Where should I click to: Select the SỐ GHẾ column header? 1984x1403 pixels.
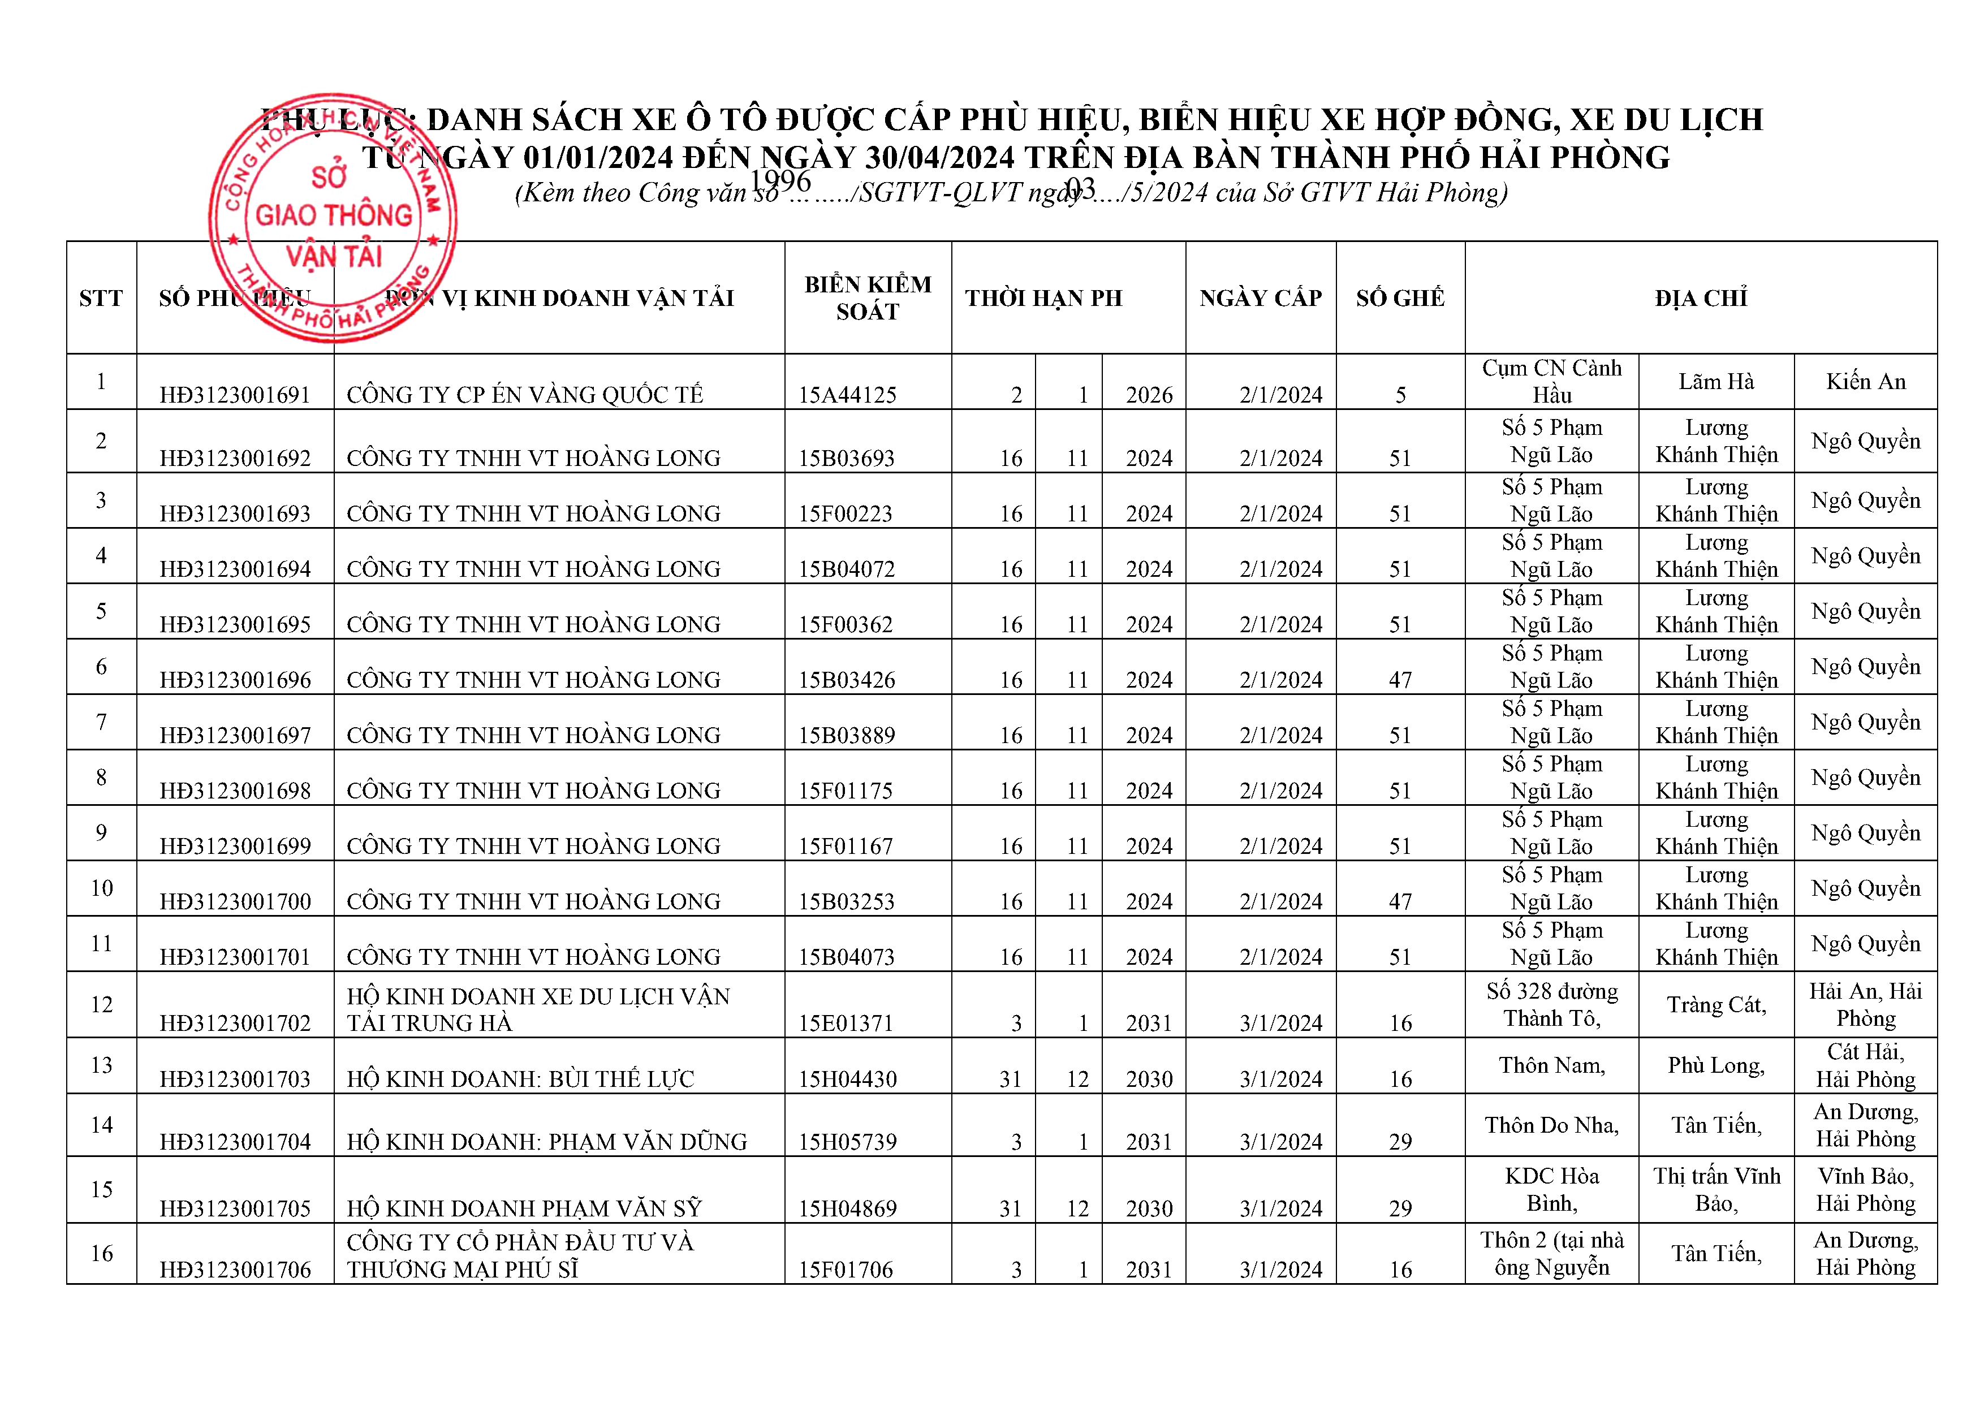pos(1400,298)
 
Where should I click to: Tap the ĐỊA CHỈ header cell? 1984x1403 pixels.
pos(1701,298)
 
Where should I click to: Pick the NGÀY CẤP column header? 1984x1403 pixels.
pos(1261,298)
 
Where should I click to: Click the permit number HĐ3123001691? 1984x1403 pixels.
pos(235,395)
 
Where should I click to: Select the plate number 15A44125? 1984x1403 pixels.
pos(847,395)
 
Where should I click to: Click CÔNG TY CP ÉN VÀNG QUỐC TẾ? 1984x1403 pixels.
pos(524,395)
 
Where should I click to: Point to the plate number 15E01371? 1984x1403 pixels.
pos(847,1023)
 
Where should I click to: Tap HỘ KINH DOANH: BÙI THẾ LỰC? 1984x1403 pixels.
pos(520,1079)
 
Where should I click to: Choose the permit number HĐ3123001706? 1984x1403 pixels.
pos(235,1269)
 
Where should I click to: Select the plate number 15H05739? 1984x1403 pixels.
pos(847,1141)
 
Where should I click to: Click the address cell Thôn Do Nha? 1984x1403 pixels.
pos(1552,1125)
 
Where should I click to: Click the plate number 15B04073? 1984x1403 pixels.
pos(847,956)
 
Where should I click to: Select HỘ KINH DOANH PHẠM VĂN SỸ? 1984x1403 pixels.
pos(524,1208)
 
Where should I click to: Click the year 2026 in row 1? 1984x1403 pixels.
pos(1149,395)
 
